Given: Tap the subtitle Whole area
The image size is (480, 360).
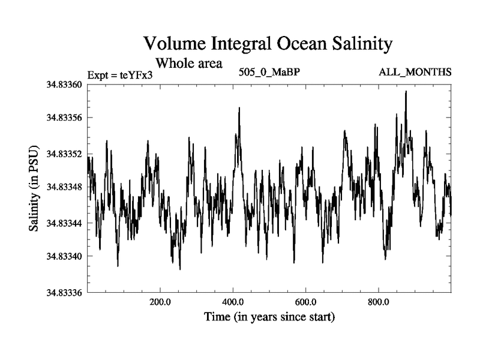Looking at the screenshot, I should point(189,62).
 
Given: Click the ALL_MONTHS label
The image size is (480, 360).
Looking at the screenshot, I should point(415,72).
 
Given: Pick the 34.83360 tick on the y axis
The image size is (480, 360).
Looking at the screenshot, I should point(63,85).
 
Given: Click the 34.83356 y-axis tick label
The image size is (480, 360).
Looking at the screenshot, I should point(63,119).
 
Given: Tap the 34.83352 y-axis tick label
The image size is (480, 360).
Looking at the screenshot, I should point(63,154).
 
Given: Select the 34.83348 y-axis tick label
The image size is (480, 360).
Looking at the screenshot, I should point(63,188).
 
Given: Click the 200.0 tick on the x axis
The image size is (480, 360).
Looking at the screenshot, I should point(161,302).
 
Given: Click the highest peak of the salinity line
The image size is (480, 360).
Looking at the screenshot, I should point(406,92).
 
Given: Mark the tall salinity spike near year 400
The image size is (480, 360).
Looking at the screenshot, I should point(239,109).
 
